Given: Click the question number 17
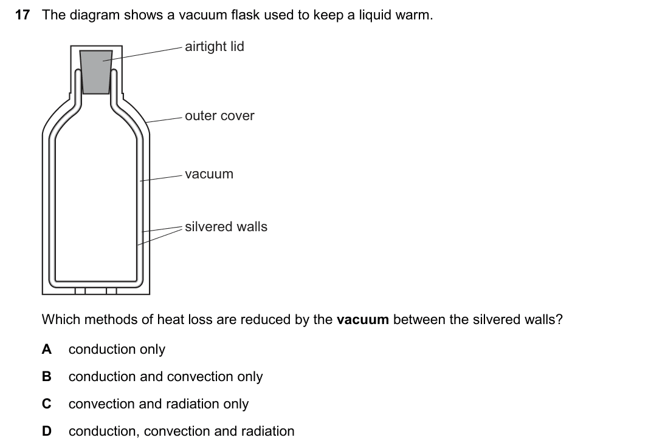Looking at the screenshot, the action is [x=22, y=15].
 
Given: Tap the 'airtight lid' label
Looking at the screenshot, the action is [x=215, y=46].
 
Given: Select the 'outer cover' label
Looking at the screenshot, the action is [x=219, y=116].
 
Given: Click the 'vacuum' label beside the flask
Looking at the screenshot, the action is [x=209, y=174].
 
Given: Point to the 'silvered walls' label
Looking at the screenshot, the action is [x=226, y=226].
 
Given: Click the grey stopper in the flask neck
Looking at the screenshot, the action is [x=96, y=72].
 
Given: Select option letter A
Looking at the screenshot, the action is [x=46, y=349].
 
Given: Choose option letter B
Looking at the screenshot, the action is [x=46, y=376].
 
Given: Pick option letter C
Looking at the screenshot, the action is [x=46, y=404].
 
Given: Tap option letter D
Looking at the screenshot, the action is [x=46, y=431].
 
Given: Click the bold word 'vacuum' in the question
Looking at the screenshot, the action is [x=362, y=319].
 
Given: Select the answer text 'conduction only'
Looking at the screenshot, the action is [x=117, y=350].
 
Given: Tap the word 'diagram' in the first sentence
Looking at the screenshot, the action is [x=95, y=16].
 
